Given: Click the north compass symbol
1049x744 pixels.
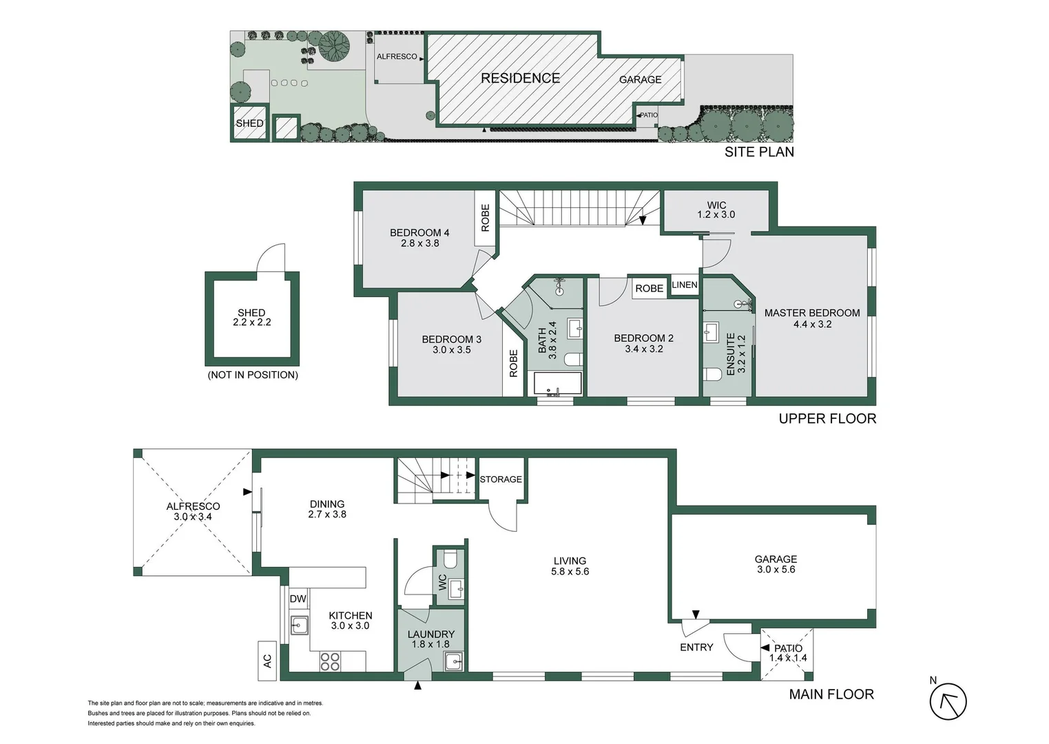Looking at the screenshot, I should (948, 701).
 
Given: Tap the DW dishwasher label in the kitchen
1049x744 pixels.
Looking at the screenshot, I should (298, 599).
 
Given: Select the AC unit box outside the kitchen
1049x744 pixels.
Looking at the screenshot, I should (267, 661).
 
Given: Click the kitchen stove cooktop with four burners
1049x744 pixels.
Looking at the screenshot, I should (330, 661).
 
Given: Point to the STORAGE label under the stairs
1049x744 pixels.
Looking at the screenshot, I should (501, 479).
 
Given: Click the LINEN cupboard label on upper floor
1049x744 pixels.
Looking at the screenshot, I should (684, 285).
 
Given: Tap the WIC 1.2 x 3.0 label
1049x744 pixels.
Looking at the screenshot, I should (716, 210).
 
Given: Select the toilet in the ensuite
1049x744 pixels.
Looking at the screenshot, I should (714, 374).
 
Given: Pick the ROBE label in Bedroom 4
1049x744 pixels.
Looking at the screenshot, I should (485, 218).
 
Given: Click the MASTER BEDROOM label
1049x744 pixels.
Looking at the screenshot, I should (812, 313).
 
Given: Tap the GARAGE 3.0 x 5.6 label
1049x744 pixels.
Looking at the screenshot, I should (776, 564).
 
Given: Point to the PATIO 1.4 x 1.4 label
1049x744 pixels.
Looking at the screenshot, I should (788, 653).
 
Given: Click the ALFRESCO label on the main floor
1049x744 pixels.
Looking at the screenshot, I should (193, 506).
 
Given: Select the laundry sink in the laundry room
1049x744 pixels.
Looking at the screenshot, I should (454, 662).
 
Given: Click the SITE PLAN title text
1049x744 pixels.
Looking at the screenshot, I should (759, 152).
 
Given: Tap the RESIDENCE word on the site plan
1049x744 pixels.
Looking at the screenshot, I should (520, 79).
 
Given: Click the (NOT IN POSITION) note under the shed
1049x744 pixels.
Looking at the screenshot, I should (253, 375).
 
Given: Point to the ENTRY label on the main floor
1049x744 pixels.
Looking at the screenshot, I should (696, 648).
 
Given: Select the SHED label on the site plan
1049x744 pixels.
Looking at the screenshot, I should (249, 123).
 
